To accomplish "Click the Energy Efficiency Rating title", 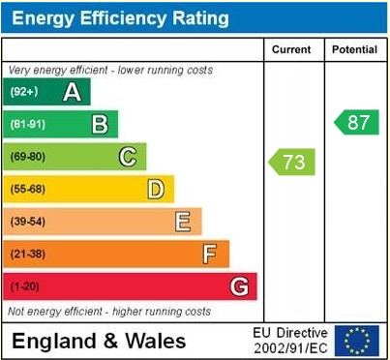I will (x=120, y=17).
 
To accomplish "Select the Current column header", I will (x=291, y=49).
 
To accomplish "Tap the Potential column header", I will (x=355, y=49).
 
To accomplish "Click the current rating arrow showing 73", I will (x=292, y=162).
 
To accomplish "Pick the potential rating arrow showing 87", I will (x=357, y=122).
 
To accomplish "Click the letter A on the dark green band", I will (x=72, y=92).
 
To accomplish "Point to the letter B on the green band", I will (x=99, y=124).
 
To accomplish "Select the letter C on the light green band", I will (x=127, y=157).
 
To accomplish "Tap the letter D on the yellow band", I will (x=155, y=189).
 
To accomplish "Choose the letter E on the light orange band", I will (x=182, y=222).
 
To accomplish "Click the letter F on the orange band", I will (x=209, y=255).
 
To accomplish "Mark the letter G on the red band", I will (x=238, y=286).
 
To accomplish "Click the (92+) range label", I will (x=25, y=92).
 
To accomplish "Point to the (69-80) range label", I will (x=28, y=157).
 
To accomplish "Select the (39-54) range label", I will (x=28, y=222).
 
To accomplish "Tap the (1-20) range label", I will (x=25, y=286).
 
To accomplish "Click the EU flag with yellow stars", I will (x=359, y=341).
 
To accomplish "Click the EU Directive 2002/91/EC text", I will (x=290, y=341).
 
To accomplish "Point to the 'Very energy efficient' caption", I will (x=110, y=71).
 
